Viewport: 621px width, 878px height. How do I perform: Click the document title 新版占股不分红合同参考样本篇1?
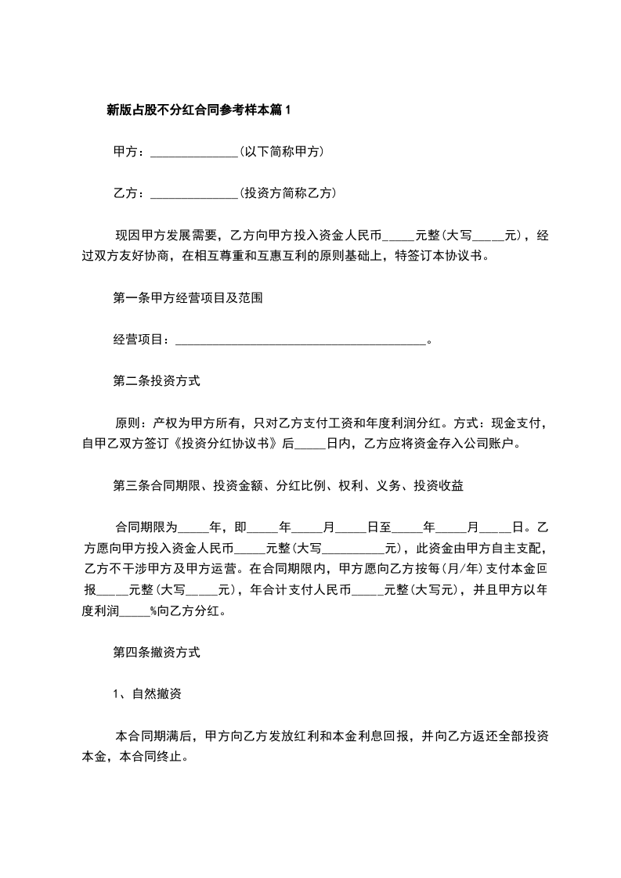click(198, 110)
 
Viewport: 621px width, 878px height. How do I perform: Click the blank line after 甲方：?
click(193, 153)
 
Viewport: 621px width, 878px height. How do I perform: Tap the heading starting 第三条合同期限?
click(289, 485)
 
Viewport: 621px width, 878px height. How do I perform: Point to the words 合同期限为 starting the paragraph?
click(147, 527)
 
